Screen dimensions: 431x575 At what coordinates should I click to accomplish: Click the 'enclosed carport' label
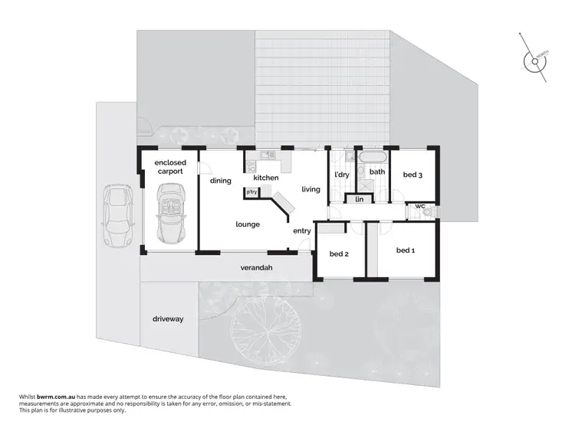pos(170,168)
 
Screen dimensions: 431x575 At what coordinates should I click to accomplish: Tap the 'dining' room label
pos(221,181)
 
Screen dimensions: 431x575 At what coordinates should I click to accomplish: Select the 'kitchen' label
pos(265,178)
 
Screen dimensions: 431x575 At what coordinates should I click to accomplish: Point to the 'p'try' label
pos(251,191)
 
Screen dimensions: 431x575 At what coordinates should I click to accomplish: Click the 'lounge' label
pos(248,224)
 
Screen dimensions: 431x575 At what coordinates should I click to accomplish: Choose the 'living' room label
pos(310,189)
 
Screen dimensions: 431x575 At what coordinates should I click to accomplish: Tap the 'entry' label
pos(302,230)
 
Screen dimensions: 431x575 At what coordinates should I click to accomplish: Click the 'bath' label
pos(376,172)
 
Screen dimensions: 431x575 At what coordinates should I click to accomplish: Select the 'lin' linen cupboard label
pos(359,200)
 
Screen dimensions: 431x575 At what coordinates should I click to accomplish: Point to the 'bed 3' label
pos(412,175)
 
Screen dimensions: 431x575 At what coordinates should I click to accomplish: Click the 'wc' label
pos(420,206)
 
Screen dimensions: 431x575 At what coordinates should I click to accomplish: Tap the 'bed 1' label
pos(406,250)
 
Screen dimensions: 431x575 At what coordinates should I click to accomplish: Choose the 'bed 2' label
pos(340,254)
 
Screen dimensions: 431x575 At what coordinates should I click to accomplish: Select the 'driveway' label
pos(167,318)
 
